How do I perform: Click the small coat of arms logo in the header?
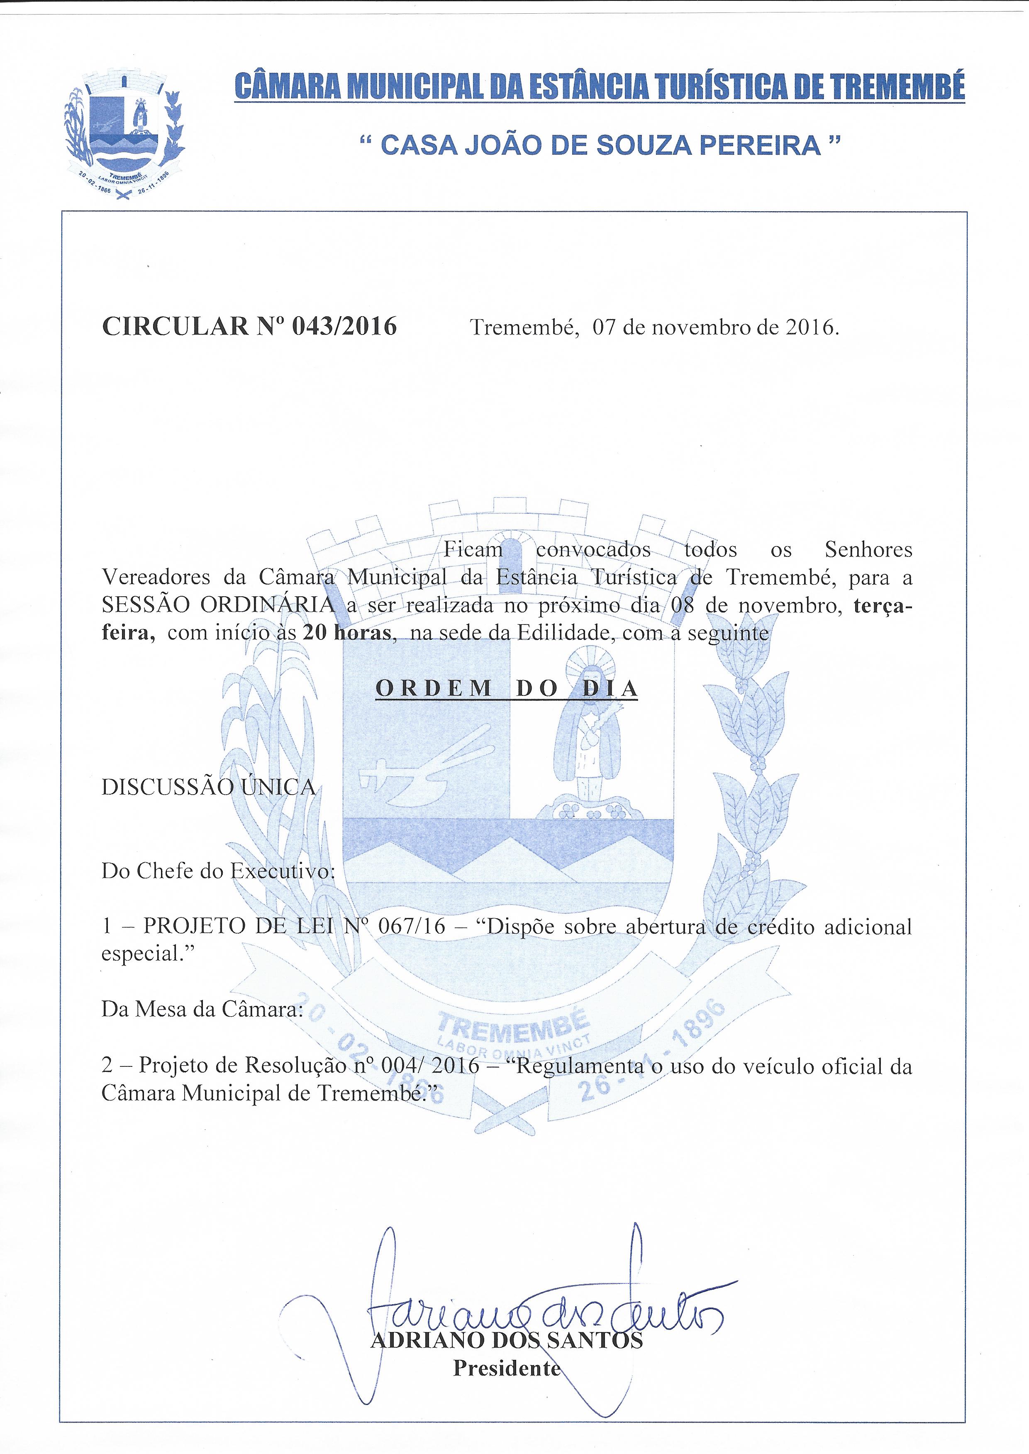coord(125,136)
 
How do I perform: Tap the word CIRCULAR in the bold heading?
coord(175,326)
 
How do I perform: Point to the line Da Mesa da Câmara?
coord(202,1009)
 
